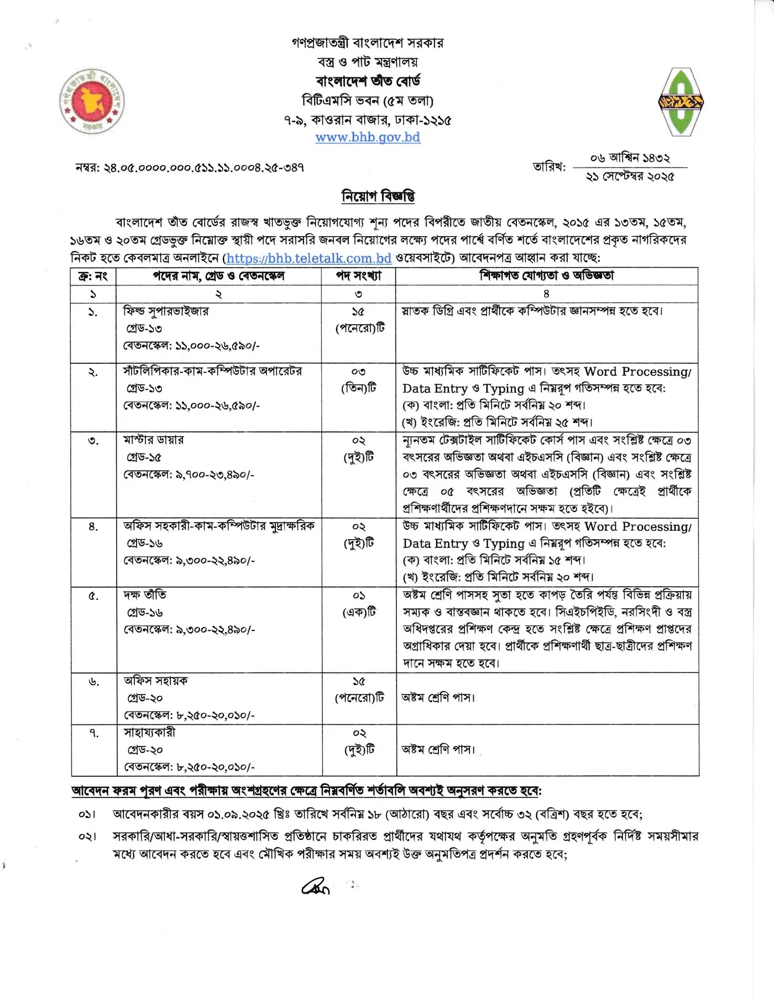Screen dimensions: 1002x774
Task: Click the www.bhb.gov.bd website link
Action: pos(368,137)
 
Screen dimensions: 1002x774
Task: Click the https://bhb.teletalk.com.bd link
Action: pos(308,258)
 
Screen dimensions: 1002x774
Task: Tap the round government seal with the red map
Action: pos(92,102)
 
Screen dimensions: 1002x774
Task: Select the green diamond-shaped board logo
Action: pos(680,102)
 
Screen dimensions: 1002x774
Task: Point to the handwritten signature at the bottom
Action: pos(316,886)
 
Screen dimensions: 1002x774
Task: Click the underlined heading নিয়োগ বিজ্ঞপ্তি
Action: pos(378,196)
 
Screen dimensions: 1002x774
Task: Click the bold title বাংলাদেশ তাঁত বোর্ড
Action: pos(368,81)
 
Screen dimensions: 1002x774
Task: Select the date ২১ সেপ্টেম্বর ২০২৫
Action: pos(630,177)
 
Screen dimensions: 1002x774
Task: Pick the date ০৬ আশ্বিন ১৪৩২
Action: pos(630,158)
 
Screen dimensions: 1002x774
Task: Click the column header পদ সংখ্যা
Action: pos(358,276)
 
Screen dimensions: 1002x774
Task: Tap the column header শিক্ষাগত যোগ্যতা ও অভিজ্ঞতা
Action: pos(546,276)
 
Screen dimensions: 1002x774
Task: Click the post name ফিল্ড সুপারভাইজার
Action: pos(166,311)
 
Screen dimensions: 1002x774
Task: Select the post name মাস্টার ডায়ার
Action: pos(154,440)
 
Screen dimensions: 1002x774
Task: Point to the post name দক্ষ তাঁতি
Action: pos(145,595)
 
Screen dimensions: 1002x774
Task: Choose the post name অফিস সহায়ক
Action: pos(156,681)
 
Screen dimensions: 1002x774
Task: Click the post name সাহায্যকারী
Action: pos(149,733)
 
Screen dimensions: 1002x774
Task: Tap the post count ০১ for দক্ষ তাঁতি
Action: pos(359,596)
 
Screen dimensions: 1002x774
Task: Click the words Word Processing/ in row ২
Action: pos(637,372)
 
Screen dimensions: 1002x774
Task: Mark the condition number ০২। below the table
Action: pos(87,837)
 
